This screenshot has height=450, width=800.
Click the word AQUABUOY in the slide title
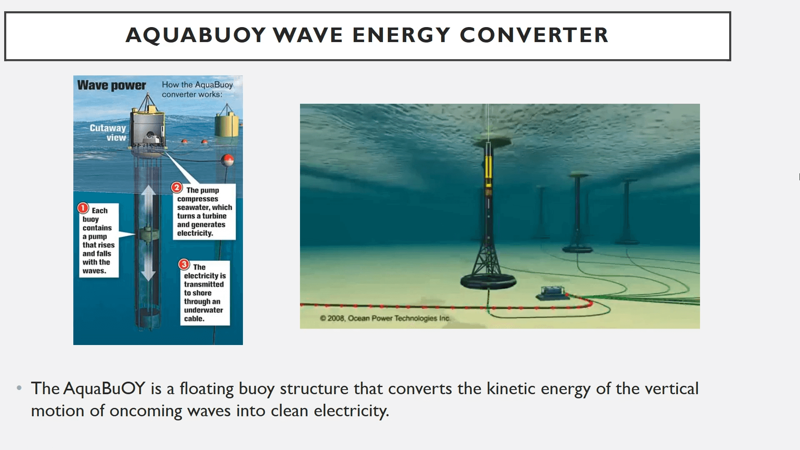[x=196, y=35]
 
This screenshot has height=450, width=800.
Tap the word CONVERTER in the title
[x=534, y=35]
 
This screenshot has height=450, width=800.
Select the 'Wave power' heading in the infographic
[x=112, y=85]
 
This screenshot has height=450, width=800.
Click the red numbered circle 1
[x=83, y=208]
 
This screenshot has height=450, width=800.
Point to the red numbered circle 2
[x=177, y=187]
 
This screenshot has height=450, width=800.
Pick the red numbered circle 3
[x=184, y=264]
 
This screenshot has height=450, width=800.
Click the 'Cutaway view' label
[x=108, y=132]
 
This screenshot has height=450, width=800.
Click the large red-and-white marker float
[x=227, y=160]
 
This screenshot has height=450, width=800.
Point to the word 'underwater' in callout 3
[x=203, y=310]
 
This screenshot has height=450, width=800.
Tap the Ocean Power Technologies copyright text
[x=385, y=318]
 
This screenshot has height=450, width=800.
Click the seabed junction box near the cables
[x=552, y=293]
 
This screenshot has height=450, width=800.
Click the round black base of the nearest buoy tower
[x=488, y=281]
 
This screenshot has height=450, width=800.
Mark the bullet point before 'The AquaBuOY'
[x=19, y=388]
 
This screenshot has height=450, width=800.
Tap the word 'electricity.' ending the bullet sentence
[x=351, y=411]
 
